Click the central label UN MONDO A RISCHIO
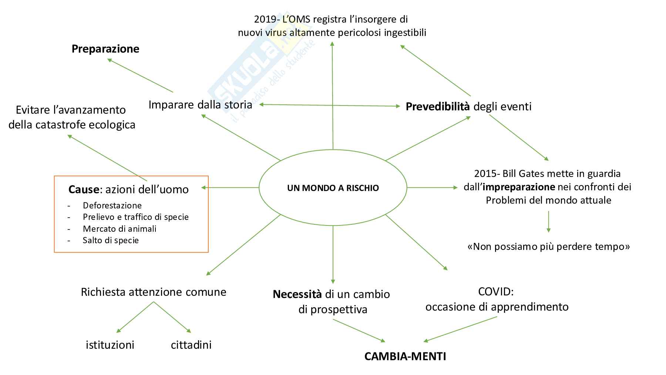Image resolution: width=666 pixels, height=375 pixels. click(333, 188)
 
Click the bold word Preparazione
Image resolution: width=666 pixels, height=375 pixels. click(105, 49)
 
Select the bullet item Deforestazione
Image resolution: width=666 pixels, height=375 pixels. click(112, 205)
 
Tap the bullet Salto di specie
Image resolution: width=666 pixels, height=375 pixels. click(111, 240)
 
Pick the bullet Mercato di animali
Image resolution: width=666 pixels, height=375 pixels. click(120, 229)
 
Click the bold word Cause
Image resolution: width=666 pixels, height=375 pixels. click(84, 190)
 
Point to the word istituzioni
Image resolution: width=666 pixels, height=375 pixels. click(110, 345)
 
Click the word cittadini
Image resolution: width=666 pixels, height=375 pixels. click(191, 345)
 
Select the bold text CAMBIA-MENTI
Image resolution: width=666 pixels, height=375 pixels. click(405, 356)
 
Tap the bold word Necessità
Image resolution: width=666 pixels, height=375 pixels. click(297, 294)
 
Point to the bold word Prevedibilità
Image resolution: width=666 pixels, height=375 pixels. click(438, 107)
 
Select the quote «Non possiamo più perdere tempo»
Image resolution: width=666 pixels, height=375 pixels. click(549, 247)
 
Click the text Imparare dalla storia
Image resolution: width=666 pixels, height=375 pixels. click(200, 105)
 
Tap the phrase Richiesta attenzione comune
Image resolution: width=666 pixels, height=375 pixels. click(154, 292)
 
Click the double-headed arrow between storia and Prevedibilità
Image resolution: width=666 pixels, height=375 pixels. click(329, 106)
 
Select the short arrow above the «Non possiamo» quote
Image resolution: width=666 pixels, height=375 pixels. click(548, 221)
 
